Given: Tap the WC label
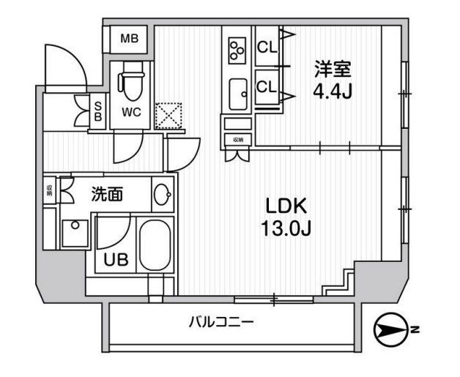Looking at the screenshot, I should pyautogui.click(x=131, y=113).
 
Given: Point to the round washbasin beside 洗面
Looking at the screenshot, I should pyautogui.click(x=163, y=195).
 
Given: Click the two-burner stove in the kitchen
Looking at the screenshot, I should pyautogui.click(x=237, y=48).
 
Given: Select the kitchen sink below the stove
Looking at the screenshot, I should pyautogui.click(x=238, y=94).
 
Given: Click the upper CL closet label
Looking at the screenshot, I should pyautogui.click(x=267, y=48).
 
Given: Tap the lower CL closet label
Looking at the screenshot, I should pyautogui.click(x=267, y=86).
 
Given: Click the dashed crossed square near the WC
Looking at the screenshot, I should pyautogui.click(x=169, y=113).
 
